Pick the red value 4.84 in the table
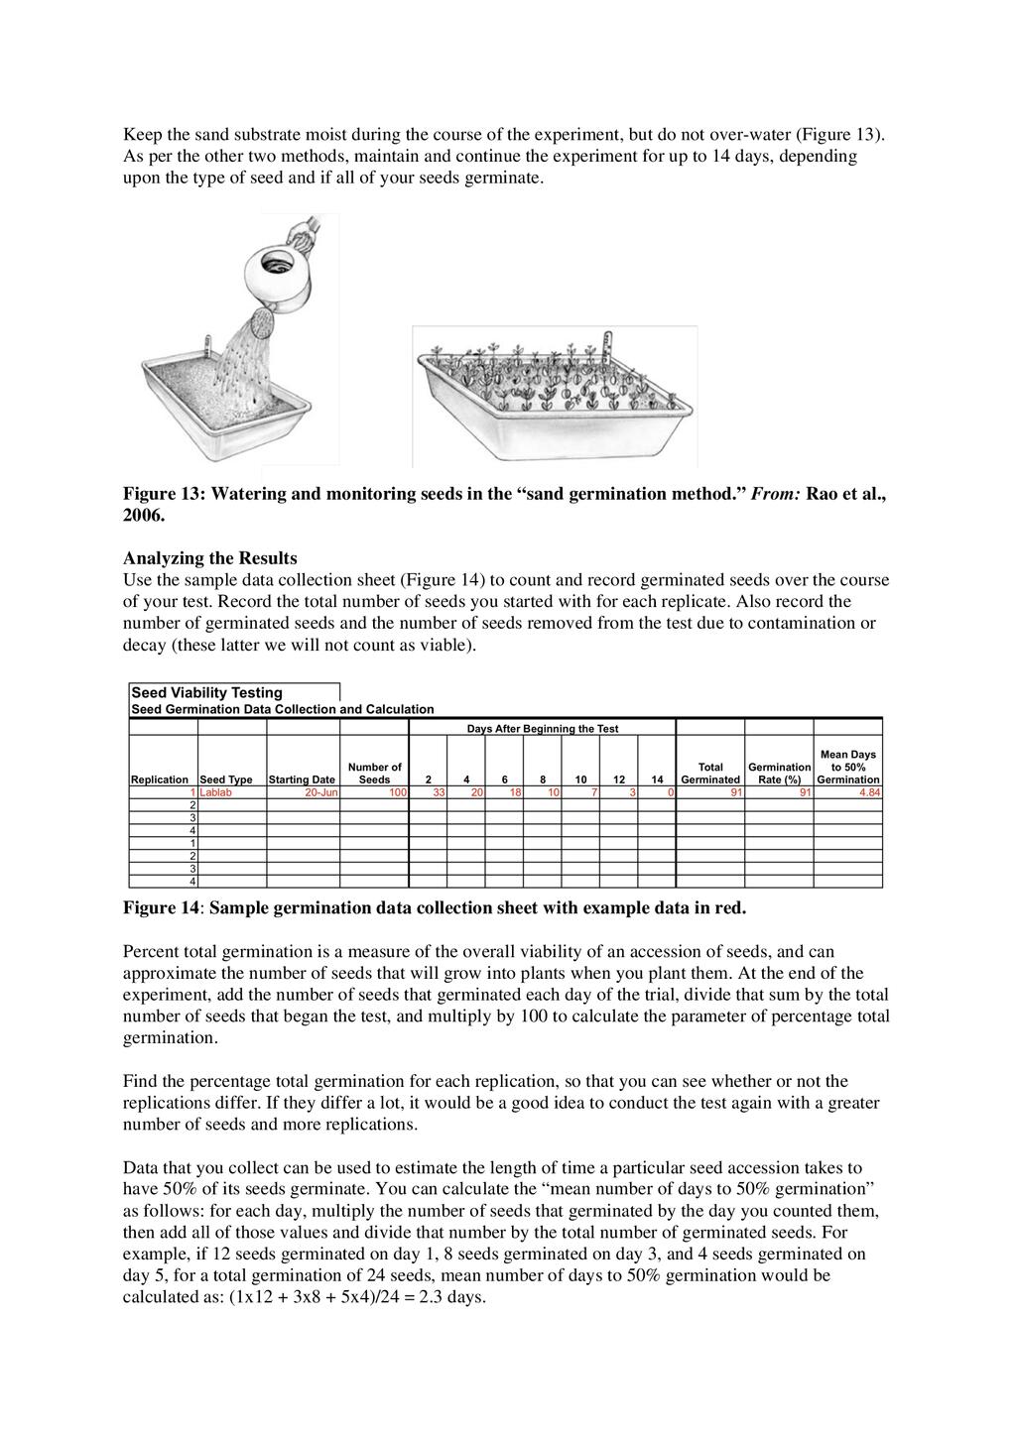[x=868, y=793]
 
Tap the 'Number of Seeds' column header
[x=374, y=773]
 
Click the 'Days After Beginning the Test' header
[x=542, y=729]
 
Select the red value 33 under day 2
[x=438, y=793]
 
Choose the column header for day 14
[x=657, y=780]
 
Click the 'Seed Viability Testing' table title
[x=206, y=692]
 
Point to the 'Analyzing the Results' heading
[x=209, y=558]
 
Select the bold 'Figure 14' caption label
[x=161, y=907]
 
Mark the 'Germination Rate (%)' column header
[x=779, y=773]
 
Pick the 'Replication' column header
[x=160, y=780]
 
